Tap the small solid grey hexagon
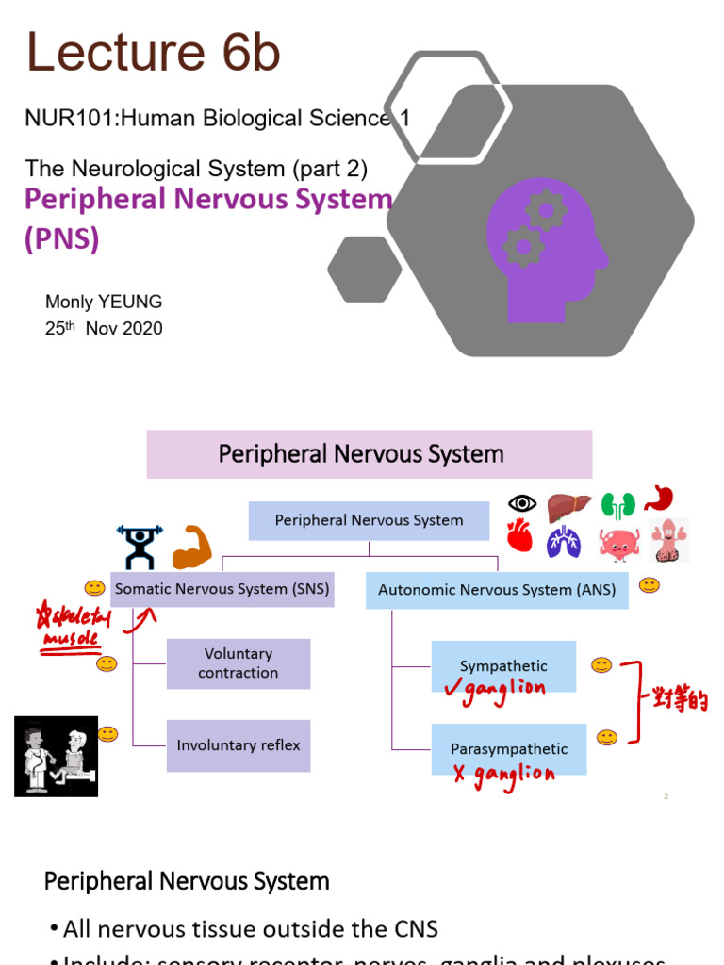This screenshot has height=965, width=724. tap(365, 269)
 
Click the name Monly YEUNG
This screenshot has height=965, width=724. tap(104, 302)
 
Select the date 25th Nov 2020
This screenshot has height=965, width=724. tap(104, 329)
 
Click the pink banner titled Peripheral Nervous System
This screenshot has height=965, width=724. tap(370, 454)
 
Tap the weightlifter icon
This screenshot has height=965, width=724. tap(140, 547)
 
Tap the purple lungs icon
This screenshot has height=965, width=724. tap(565, 541)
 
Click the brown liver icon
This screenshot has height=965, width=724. tap(568, 506)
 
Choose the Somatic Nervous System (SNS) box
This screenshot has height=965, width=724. tap(222, 589)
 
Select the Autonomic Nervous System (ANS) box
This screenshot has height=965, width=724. tap(497, 590)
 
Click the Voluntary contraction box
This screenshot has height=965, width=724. tap(239, 663)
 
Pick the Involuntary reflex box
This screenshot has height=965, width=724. tap(239, 745)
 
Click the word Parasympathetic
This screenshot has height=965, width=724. tap(509, 749)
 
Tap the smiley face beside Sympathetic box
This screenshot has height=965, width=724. tap(601, 665)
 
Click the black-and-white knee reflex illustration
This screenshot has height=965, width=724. tap(56, 756)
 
